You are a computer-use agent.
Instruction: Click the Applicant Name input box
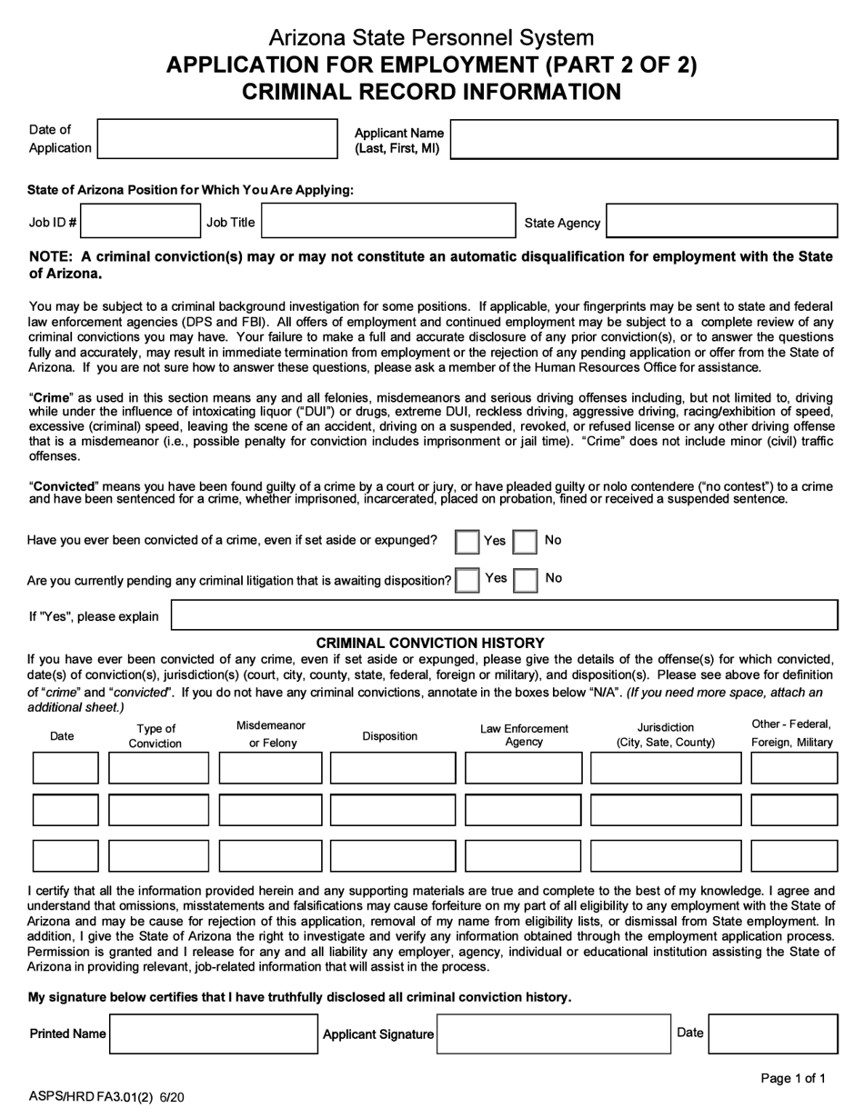[644, 139]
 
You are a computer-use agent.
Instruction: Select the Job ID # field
[139, 221]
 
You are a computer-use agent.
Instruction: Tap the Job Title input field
[388, 221]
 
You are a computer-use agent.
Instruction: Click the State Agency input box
[721, 221]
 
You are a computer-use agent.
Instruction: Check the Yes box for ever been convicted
[467, 542]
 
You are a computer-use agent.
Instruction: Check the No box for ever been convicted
[526, 542]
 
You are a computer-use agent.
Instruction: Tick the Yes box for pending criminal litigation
[467, 580]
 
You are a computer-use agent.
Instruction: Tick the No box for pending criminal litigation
[526, 580]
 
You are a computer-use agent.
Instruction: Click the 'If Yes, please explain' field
[505, 615]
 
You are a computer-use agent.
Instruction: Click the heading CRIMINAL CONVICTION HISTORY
[430, 643]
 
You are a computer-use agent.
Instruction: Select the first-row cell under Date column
[65, 768]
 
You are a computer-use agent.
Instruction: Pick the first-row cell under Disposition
[392, 768]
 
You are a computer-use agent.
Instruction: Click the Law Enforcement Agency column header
[524, 734]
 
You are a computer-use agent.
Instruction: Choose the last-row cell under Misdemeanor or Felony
[270, 855]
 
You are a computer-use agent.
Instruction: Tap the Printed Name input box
[214, 1034]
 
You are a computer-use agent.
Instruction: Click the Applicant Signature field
[553, 1034]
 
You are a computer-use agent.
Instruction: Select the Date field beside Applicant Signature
[772, 1034]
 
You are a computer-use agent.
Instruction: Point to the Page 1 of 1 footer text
[793, 1079]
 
